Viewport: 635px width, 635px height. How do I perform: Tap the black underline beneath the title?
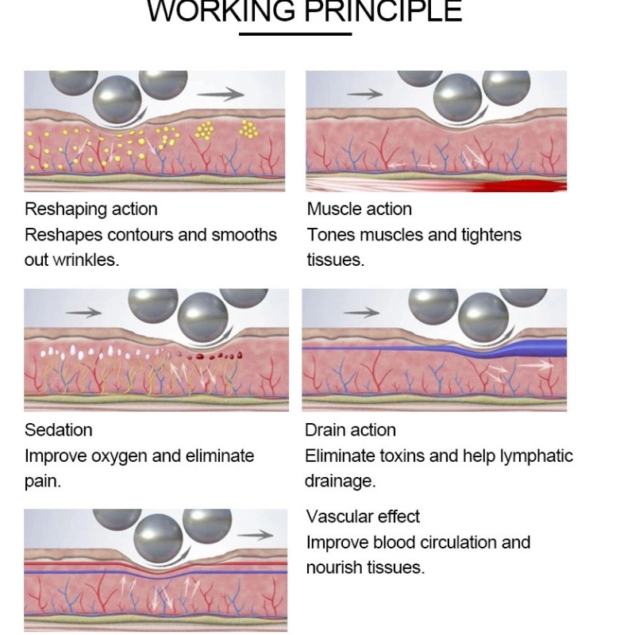(x=295, y=33)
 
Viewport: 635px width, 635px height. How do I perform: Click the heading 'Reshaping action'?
(x=91, y=209)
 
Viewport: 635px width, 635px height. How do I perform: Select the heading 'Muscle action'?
(x=360, y=209)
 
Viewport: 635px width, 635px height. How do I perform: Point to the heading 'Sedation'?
(x=59, y=429)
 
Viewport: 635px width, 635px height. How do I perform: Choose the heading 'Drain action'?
(x=350, y=429)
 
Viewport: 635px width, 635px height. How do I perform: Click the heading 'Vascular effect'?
(x=363, y=516)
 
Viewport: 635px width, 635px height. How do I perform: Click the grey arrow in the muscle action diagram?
(x=364, y=94)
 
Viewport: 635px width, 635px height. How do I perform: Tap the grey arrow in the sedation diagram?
(x=83, y=313)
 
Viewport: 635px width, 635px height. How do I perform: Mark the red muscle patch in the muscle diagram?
(x=516, y=185)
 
